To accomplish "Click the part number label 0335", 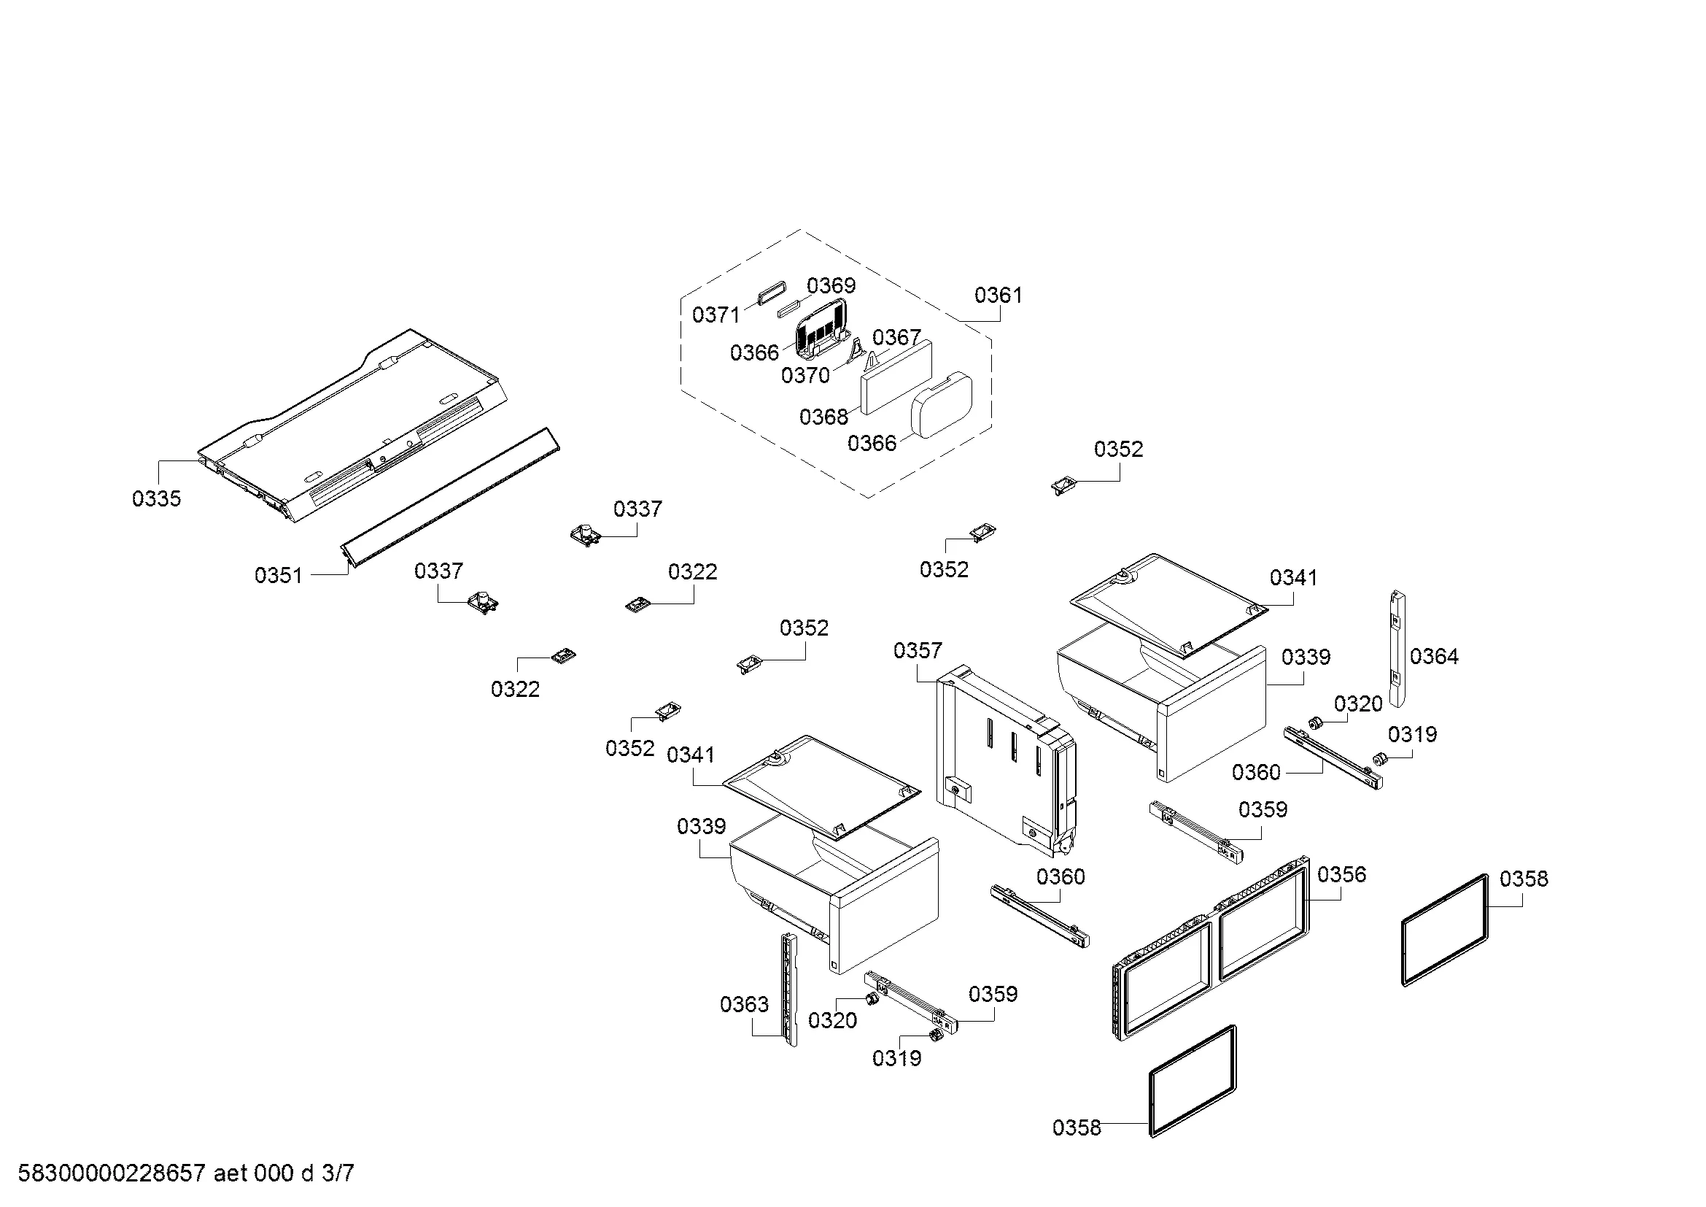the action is pyautogui.click(x=156, y=498).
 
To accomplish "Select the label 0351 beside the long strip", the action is pyautogui.click(x=279, y=575).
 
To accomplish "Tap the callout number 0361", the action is pyautogui.click(x=998, y=296).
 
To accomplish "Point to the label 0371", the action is pyautogui.click(x=716, y=315).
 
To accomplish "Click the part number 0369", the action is pyautogui.click(x=831, y=285).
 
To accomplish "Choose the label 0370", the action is pyautogui.click(x=805, y=375).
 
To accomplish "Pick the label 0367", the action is pyautogui.click(x=896, y=337).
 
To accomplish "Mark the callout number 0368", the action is pyautogui.click(x=823, y=417).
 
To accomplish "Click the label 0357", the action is pyautogui.click(x=918, y=651).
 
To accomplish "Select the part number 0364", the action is pyautogui.click(x=1434, y=656).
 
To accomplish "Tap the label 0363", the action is pyautogui.click(x=745, y=1005).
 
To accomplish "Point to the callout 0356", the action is pyautogui.click(x=1342, y=875).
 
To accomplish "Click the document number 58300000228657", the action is pyautogui.click(x=112, y=1173).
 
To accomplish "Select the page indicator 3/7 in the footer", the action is pyautogui.click(x=338, y=1173).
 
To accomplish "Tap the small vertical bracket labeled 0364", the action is pyautogui.click(x=1397, y=648).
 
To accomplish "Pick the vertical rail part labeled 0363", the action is pyautogui.click(x=788, y=990).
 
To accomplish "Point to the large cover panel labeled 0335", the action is pyautogui.click(x=352, y=427).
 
